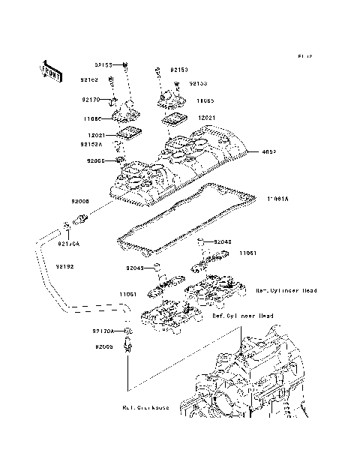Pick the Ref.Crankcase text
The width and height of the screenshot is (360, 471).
pyautogui.click(x=145, y=408)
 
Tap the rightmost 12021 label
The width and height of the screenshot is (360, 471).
pyautogui.click(x=208, y=118)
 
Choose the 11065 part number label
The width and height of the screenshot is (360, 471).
pyautogui.click(x=206, y=99)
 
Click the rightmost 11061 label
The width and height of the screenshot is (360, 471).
pyautogui.click(x=249, y=253)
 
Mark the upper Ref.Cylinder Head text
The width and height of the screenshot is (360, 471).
pyautogui.click(x=286, y=289)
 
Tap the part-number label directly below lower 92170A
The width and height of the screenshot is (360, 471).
pyautogui.click(x=104, y=346)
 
